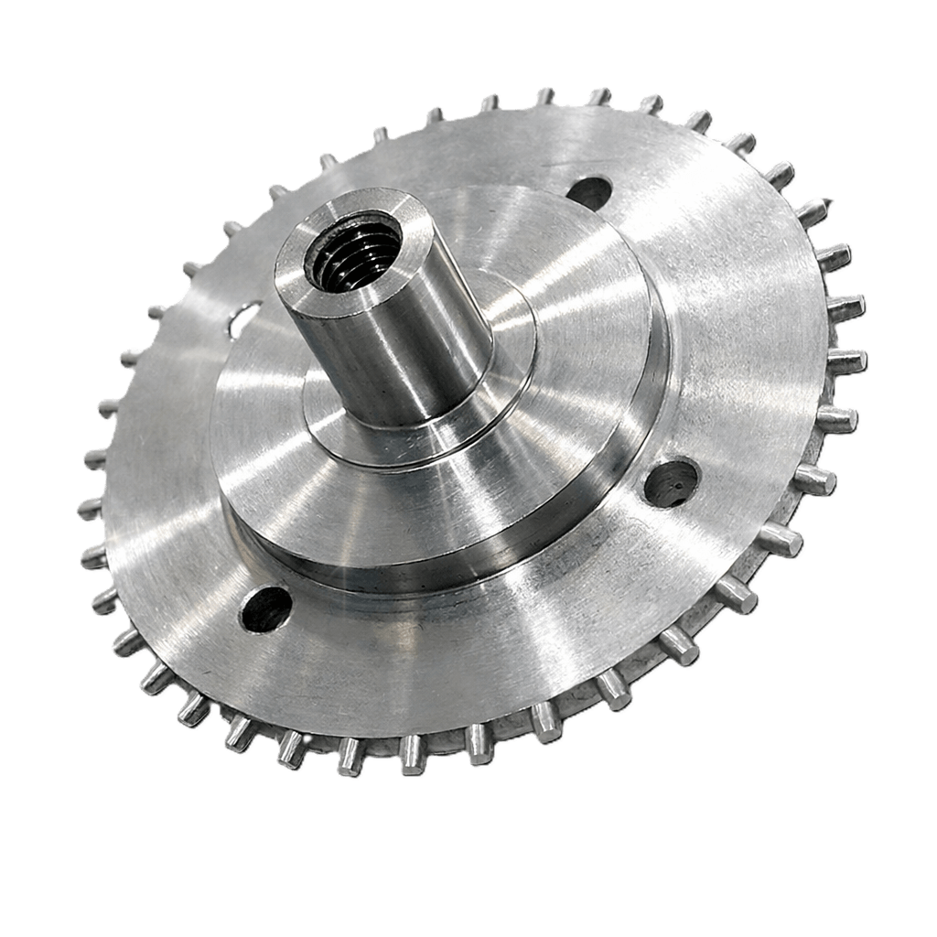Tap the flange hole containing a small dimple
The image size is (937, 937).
tap(672, 482)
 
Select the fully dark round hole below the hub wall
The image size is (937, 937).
tap(265, 609)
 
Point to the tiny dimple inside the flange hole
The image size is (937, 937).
tap(678, 476)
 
